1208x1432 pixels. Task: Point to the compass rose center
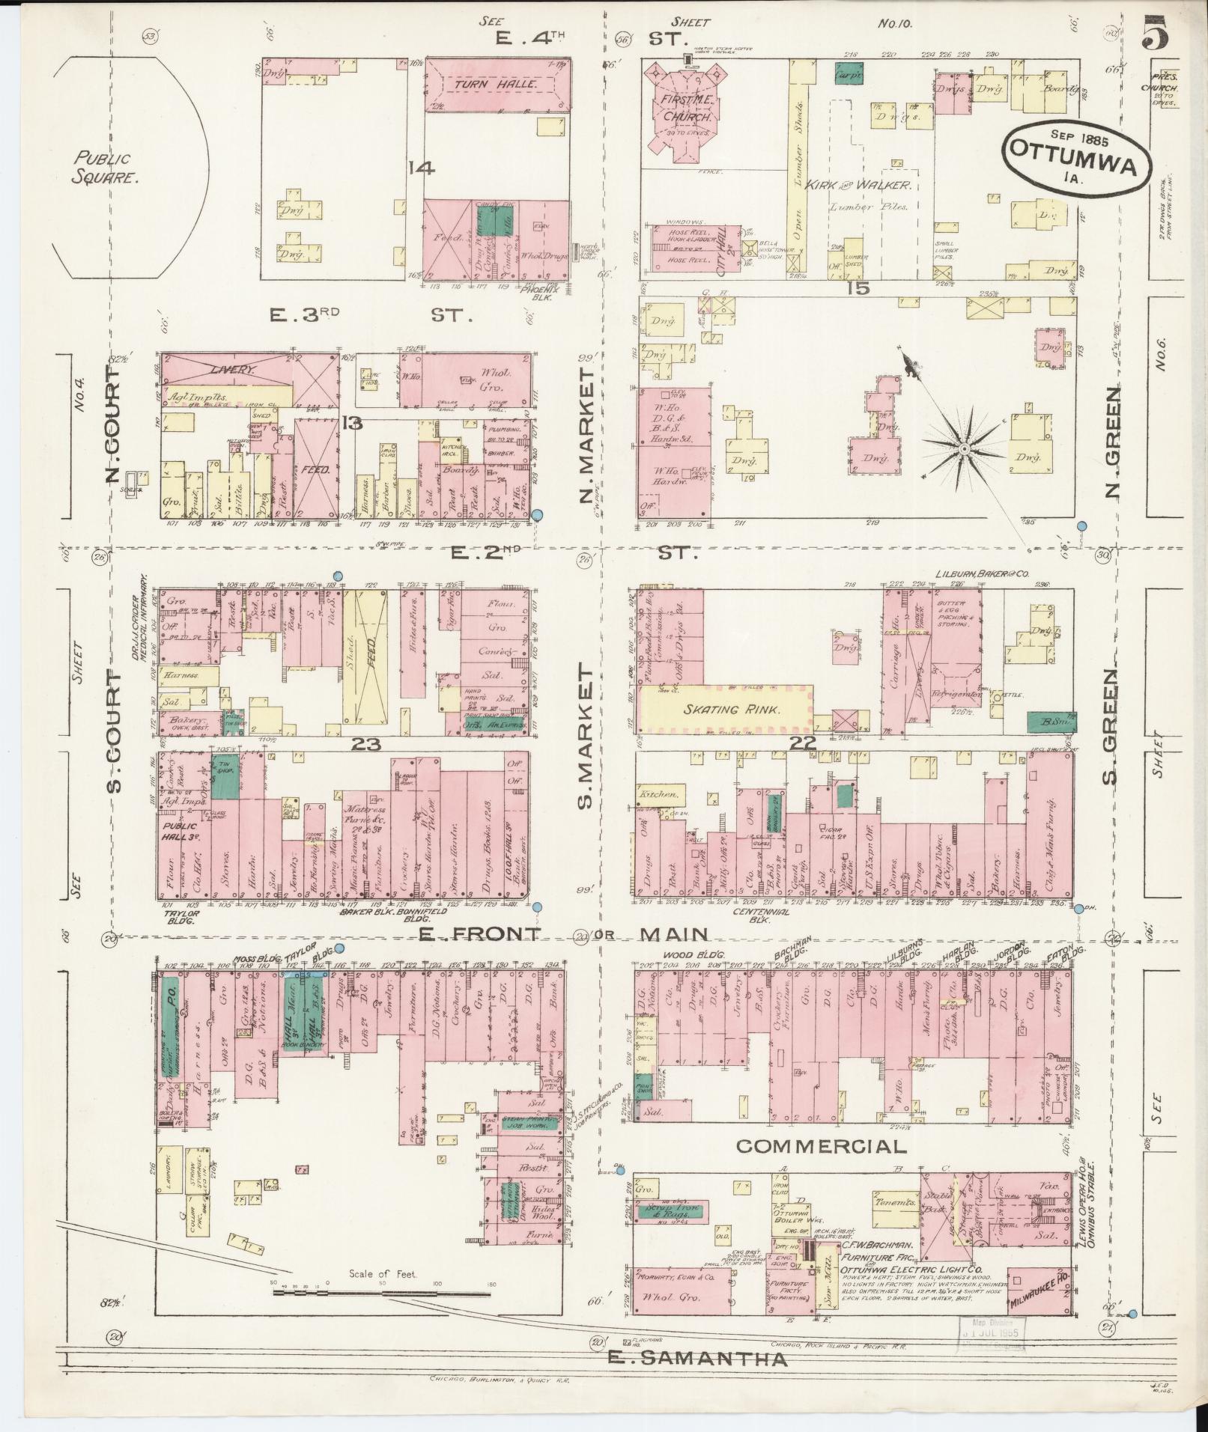pos(965,448)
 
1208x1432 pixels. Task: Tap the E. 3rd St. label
pos(371,317)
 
